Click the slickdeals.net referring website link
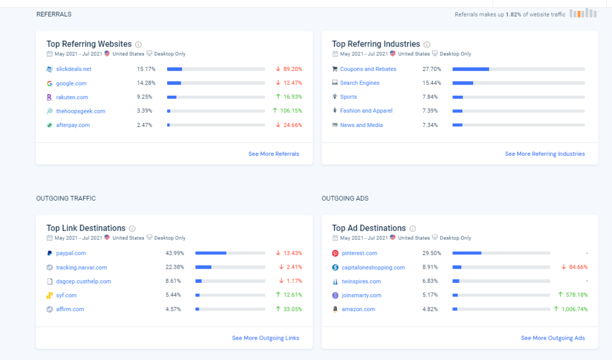(74, 69)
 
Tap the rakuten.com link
(72, 97)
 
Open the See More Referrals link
(274, 154)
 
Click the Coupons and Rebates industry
(368, 69)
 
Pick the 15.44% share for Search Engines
(430, 83)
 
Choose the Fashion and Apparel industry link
(366, 111)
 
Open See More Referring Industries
(545, 154)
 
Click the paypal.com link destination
(71, 253)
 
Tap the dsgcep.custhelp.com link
(83, 281)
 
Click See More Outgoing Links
(265, 338)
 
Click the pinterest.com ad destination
(359, 253)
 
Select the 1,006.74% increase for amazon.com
(573, 309)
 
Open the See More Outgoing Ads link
(552, 338)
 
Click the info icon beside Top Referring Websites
(138, 44)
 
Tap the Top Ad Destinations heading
(369, 228)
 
